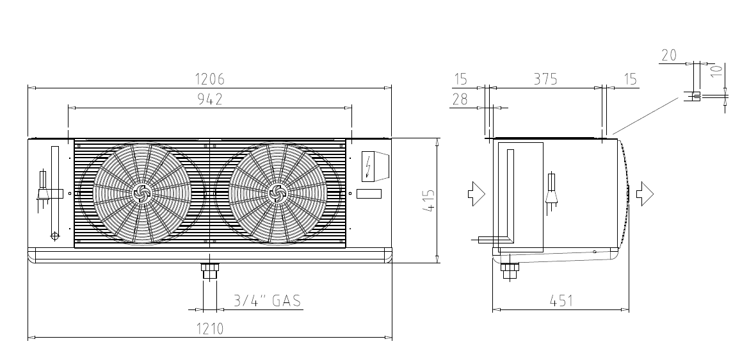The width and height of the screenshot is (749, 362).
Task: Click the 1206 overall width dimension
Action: pos(210,79)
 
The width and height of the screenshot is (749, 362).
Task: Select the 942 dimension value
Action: pos(210,99)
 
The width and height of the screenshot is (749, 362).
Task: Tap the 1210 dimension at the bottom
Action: pos(210,329)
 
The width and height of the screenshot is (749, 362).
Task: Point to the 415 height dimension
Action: pos(430,201)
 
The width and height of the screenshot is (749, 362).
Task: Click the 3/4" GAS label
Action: pos(268,300)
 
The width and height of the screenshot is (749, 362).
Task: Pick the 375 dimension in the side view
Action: pos(545,79)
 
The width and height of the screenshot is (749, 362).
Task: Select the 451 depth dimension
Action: pos(561,300)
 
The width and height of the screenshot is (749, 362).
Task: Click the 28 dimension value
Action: pos(460,99)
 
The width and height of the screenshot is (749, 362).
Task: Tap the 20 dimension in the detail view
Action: pos(669,56)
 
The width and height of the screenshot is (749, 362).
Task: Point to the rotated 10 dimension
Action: pos(716,71)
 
